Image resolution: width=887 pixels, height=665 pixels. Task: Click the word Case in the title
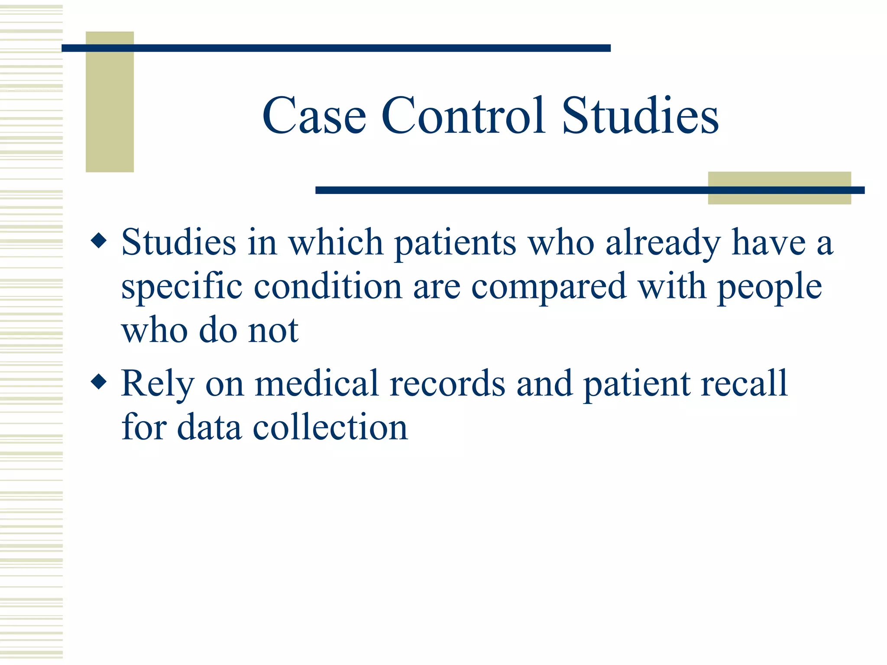coord(314,116)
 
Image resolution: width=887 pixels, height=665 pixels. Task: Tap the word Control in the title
coord(463,116)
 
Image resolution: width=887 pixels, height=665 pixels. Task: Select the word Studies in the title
coord(640,116)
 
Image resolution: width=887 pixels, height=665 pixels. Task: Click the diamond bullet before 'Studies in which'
coord(99,240)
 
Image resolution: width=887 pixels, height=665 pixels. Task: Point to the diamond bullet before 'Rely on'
coord(99,382)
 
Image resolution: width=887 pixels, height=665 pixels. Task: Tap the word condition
coord(328,287)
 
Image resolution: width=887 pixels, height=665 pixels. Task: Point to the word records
coord(447,383)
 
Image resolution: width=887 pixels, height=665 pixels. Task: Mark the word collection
coord(330,427)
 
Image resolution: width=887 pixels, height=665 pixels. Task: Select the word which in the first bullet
coord(336,242)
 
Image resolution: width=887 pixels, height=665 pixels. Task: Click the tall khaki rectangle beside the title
coord(110,113)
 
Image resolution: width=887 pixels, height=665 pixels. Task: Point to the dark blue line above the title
coord(336,48)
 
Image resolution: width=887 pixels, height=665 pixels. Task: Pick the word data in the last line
coord(209,427)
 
